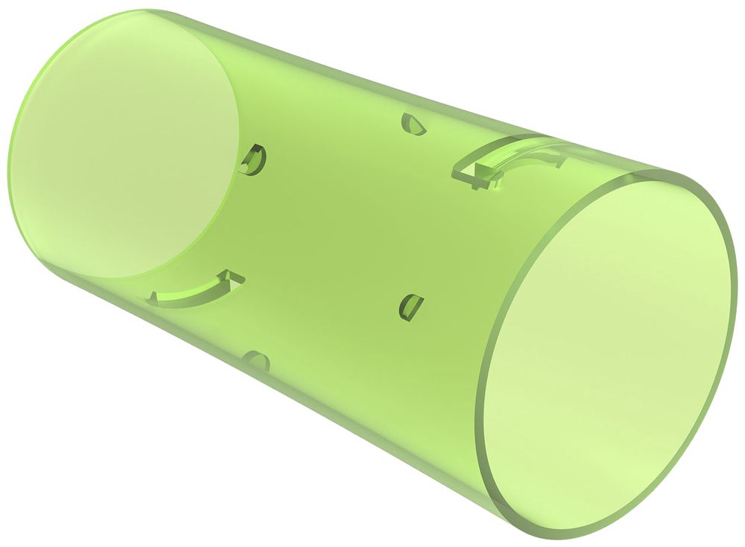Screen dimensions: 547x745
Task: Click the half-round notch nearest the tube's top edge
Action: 414,124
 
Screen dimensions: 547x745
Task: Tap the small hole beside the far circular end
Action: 253,159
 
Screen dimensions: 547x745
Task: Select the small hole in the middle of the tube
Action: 410,305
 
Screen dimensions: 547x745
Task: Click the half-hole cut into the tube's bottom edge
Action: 257,361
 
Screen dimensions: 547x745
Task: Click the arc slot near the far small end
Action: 197,289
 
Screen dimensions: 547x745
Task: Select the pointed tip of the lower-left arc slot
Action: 240,278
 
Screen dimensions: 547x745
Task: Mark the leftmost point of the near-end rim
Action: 478,417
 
